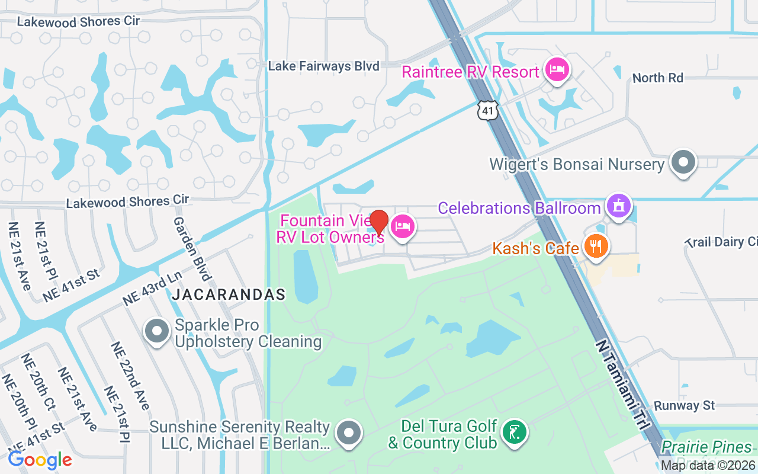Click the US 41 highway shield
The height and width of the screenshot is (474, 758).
tap(489, 110)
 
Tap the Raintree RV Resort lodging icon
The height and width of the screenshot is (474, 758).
tap(557, 70)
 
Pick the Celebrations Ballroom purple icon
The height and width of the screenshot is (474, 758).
tap(619, 207)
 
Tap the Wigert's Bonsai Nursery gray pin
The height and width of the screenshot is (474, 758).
tap(684, 162)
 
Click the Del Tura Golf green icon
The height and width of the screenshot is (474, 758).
tap(515, 432)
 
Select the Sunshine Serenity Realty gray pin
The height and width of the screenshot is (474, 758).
tap(349, 434)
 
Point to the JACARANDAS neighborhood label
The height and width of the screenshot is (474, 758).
tap(229, 294)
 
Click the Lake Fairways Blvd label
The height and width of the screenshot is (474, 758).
tap(323, 66)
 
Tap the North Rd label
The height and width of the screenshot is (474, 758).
tap(657, 78)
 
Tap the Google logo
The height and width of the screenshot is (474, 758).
tap(40, 459)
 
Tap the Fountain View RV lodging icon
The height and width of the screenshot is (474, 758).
tap(402, 226)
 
